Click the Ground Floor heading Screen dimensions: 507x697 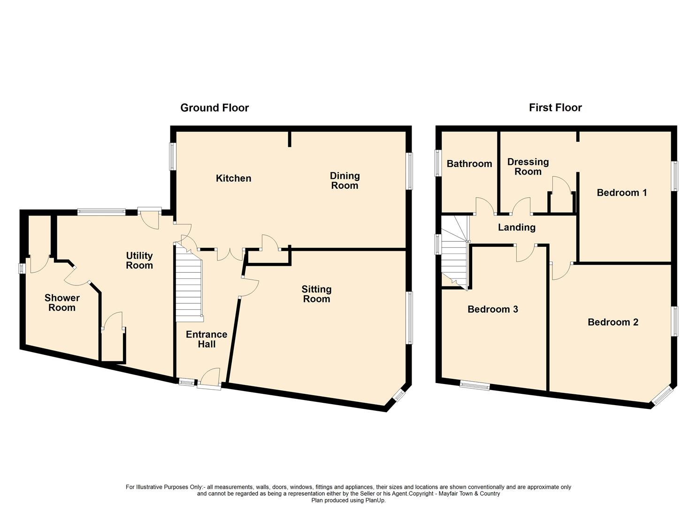pyautogui.click(x=214, y=108)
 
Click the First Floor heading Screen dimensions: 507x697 pyautogui.click(x=555, y=108)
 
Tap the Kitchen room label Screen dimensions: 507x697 pyautogui.click(x=233, y=178)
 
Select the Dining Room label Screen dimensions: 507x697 pyautogui.click(x=345, y=181)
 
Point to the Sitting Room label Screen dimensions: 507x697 pyautogui.click(x=316, y=294)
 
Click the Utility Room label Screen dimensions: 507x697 pyautogui.click(x=139, y=261)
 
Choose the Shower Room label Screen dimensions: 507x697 pyautogui.click(x=62, y=303)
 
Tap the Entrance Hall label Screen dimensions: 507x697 pyautogui.click(x=207, y=339)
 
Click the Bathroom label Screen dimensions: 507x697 pyautogui.click(x=469, y=164)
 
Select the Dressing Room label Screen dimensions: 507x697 pyautogui.click(x=528, y=167)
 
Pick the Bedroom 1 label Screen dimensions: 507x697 pyautogui.click(x=622, y=192)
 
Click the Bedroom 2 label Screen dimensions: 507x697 pyautogui.click(x=613, y=322)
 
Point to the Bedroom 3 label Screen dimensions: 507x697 pyautogui.click(x=493, y=309)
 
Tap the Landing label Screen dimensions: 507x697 pyautogui.click(x=517, y=228)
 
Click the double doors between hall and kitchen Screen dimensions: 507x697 pyautogui.click(x=230, y=253)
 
